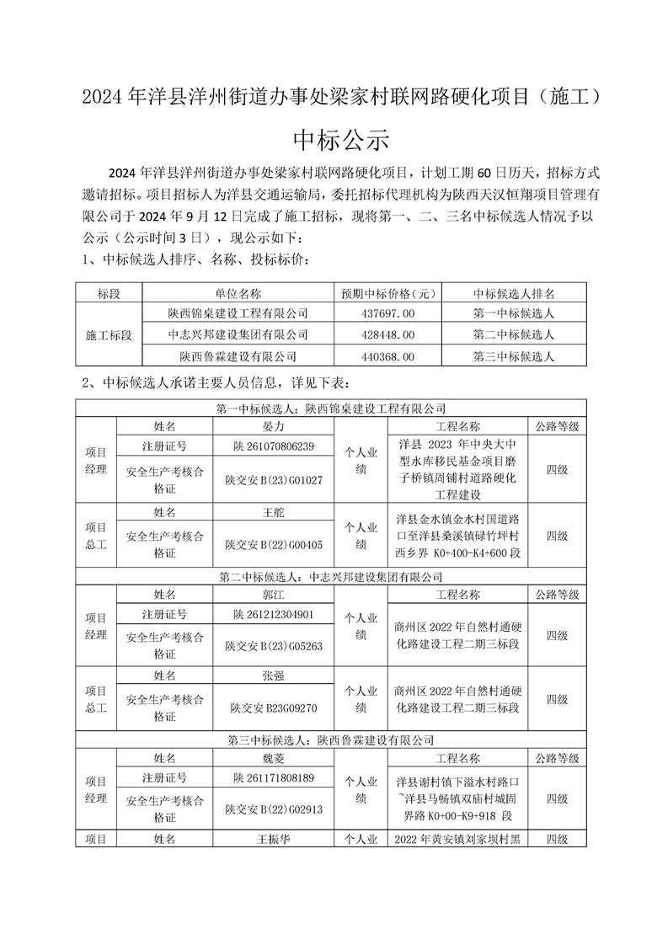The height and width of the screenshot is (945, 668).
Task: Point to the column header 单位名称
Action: tap(238, 294)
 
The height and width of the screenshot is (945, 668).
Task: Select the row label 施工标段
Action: tap(110, 335)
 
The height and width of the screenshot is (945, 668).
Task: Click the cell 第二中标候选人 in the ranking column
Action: tap(514, 335)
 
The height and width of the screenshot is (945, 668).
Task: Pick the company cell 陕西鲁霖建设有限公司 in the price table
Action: tap(238, 357)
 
